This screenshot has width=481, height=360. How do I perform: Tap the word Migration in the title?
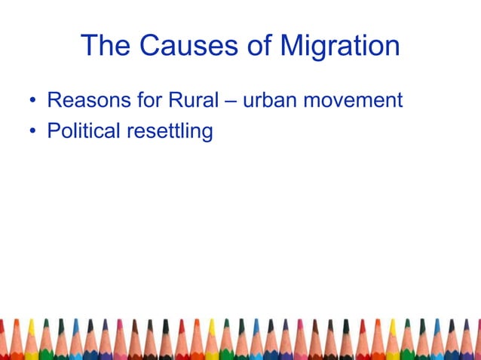[340, 47]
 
